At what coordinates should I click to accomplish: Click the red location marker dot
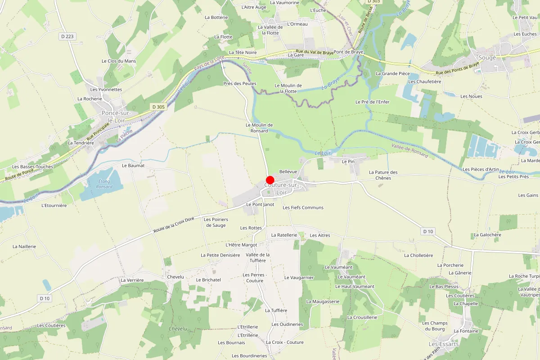[x=270, y=180]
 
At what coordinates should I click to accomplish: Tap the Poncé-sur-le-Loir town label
[x=116, y=117]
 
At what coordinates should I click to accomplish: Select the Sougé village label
[x=487, y=58]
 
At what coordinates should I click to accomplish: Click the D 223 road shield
[x=67, y=36]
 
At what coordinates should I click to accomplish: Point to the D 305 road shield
[x=158, y=107]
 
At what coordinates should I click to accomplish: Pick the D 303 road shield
[x=373, y=2]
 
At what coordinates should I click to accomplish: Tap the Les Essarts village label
[x=443, y=344]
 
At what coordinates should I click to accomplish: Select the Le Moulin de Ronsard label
[x=260, y=128]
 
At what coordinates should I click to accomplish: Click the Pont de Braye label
[x=348, y=52]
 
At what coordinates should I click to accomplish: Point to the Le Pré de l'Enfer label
[x=372, y=102]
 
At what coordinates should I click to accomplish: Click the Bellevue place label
[x=288, y=172]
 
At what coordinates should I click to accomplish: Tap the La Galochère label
[x=487, y=235]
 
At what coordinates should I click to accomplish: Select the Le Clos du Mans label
[x=119, y=61]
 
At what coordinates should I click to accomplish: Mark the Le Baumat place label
[x=133, y=166]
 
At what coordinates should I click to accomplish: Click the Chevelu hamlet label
[x=175, y=277]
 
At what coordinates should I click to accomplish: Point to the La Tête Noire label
[x=243, y=53]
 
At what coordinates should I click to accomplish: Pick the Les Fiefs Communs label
[x=303, y=208]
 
